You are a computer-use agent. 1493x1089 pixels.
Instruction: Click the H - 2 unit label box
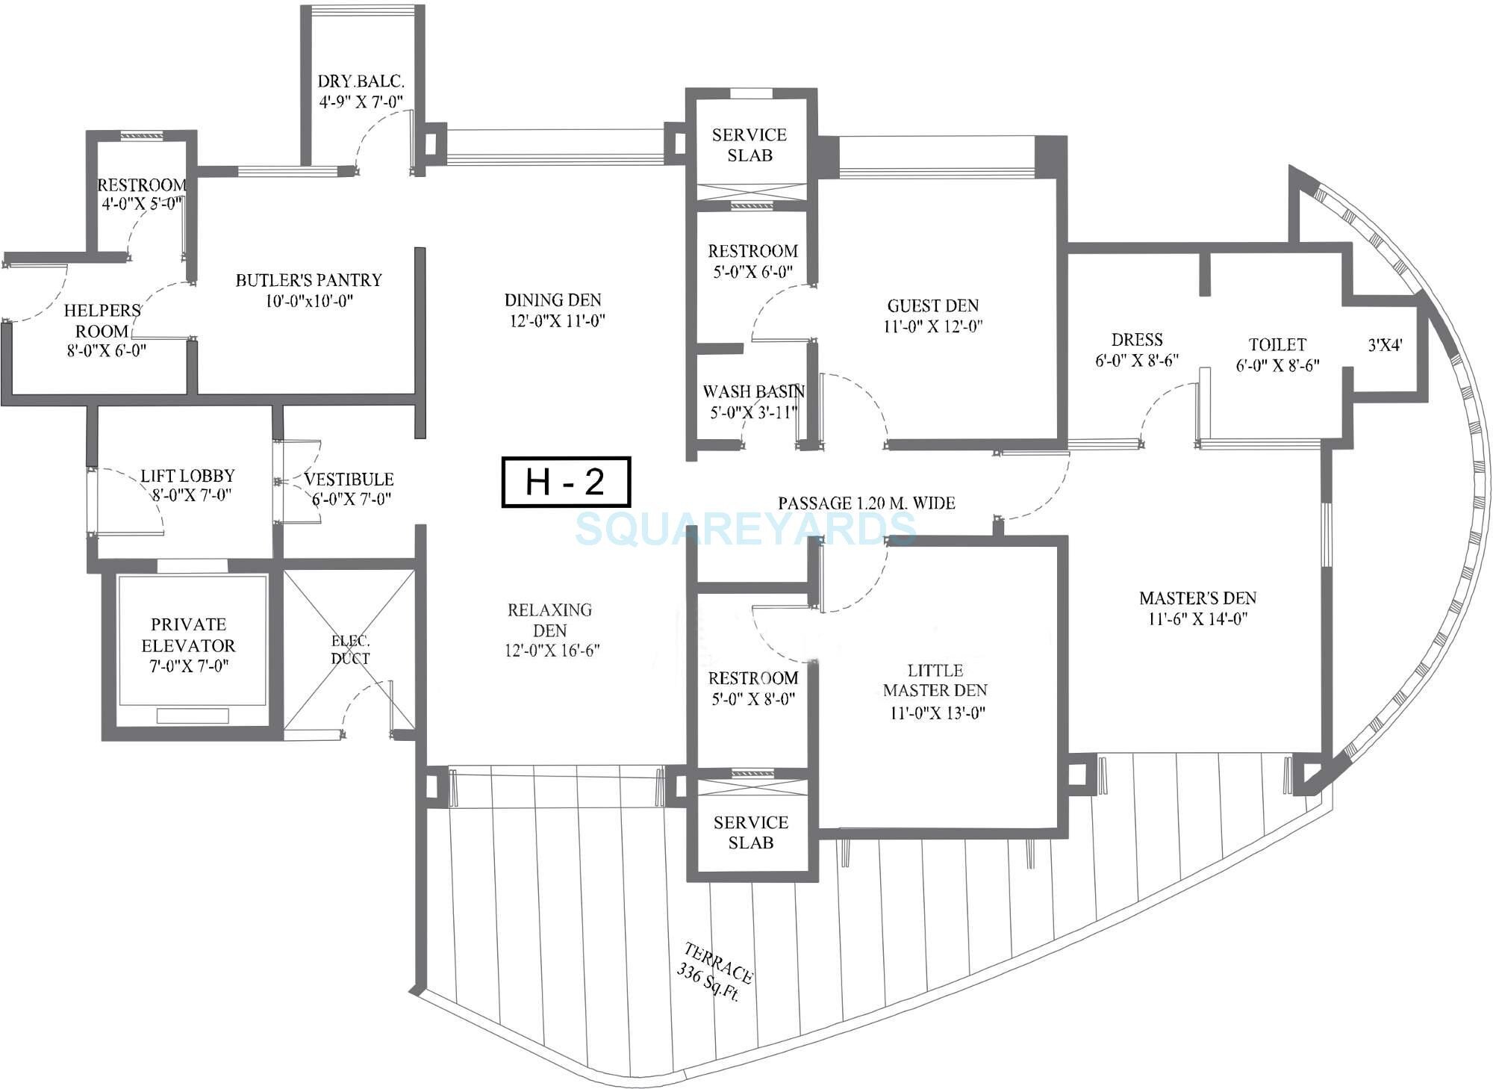(566, 483)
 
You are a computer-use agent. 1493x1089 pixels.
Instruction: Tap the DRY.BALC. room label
(361, 82)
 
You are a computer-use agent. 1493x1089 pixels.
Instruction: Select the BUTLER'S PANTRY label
(308, 280)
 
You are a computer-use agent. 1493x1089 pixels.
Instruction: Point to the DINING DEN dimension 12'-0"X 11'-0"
(554, 321)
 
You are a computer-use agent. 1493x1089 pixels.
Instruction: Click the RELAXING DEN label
(550, 620)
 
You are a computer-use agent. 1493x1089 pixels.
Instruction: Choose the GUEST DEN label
(932, 305)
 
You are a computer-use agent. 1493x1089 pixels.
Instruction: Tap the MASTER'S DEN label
(1197, 598)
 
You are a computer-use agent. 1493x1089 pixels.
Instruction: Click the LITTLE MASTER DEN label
(935, 680)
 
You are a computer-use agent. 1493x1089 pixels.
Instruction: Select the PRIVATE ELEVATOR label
(188, 635)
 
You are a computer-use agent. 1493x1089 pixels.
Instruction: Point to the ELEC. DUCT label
(350, 650)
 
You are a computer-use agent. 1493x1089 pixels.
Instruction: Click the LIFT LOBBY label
(187, 476)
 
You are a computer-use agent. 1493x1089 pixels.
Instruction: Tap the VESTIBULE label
(349, 480)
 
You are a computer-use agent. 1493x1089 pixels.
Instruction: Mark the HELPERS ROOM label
(102, 320)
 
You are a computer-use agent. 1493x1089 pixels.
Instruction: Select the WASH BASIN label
(753, 392)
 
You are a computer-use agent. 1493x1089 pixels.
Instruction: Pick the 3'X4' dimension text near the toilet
(1385, 345)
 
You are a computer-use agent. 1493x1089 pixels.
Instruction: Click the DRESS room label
(1136, 340)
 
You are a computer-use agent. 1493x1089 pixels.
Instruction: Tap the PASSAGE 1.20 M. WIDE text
(866, 503)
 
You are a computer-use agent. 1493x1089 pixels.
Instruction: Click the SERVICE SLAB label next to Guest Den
(749, 145)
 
